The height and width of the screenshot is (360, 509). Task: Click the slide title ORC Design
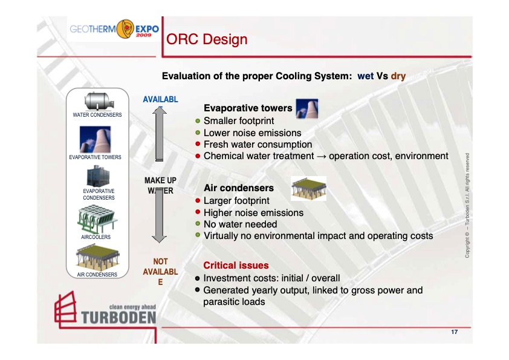click(207, 40)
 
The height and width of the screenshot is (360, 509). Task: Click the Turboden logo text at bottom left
click(117, 316)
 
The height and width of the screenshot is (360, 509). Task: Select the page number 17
click(454, 333)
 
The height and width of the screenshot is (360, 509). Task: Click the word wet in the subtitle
click(365, 76)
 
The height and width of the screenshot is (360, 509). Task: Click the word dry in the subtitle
click(398, 76)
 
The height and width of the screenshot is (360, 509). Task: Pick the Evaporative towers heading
click(248, 109)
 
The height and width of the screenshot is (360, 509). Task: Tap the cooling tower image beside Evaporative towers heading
click(306, 108)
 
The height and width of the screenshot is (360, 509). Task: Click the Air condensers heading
click(239, 188)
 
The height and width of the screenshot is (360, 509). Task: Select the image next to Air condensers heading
click(308, 188)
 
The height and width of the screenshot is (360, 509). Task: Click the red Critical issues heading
click(236, 265)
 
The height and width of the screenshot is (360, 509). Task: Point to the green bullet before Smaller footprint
click(198, 121)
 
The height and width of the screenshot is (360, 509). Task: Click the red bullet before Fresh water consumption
click(198, 144)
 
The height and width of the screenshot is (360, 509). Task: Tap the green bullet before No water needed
click(198, 224)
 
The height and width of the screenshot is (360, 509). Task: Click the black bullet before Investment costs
click(198, 278)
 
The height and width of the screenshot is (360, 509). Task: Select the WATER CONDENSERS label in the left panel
click(97, 115)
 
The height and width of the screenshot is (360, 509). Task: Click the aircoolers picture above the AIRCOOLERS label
click(97, 219)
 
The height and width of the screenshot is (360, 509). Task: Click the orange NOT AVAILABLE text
click(160, 272)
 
